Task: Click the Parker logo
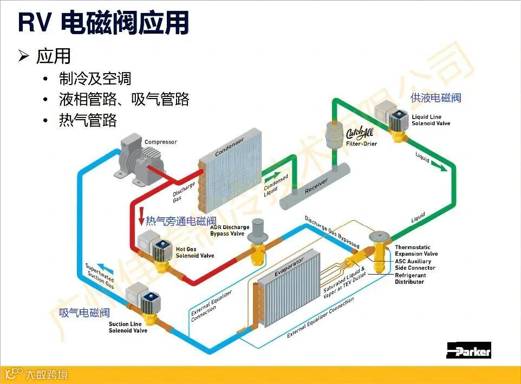tap(468, 350)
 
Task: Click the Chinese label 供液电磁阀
tap(435, 97)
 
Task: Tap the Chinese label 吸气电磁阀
tap(84, 313)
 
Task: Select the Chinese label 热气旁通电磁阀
tap(181, 221)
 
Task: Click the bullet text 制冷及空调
tap(95, 79)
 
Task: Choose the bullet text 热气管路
tap(88, 120)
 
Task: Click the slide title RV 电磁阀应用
tap(103, 23)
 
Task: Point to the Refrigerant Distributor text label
tap(410, 278)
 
